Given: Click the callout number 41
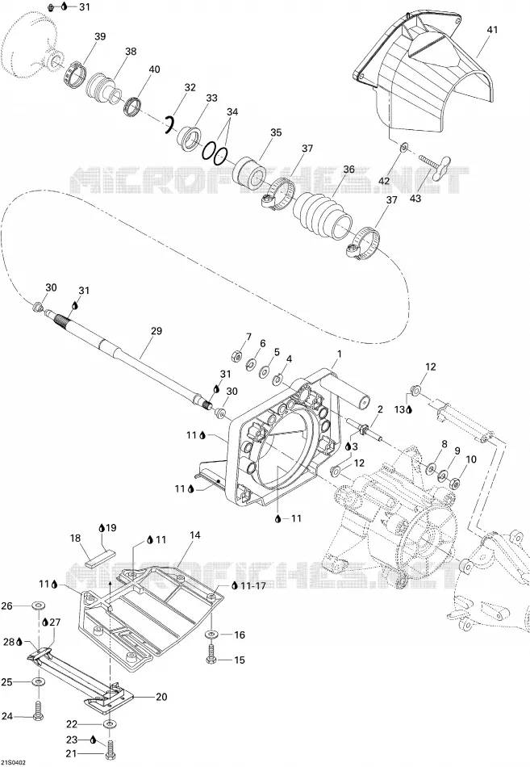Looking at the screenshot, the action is pyautogui.click(x=492, y=30).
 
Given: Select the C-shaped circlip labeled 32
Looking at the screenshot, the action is pyautogui.click(x=169, y=124).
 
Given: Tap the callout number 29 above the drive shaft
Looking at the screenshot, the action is pyautogui.click(x=156, y=331).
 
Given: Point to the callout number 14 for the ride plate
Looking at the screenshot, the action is pyautogui.click(x=195, y=535).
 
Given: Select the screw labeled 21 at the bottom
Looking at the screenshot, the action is pyautogui.click(x=110, y=748).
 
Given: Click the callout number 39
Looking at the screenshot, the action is pyautogui.click(x=100, y=36).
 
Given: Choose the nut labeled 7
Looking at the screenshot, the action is pyautogui.click(x=236, y=353).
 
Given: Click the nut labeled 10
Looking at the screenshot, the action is pyautogui.click(x=454, y=483).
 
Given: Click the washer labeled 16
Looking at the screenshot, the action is pyautogui.click(x=211, y=635).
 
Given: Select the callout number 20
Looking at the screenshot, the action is pyautogui.click(x=161, y=697).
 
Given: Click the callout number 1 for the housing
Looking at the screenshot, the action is pyautogui.click(x=340, y=354).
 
